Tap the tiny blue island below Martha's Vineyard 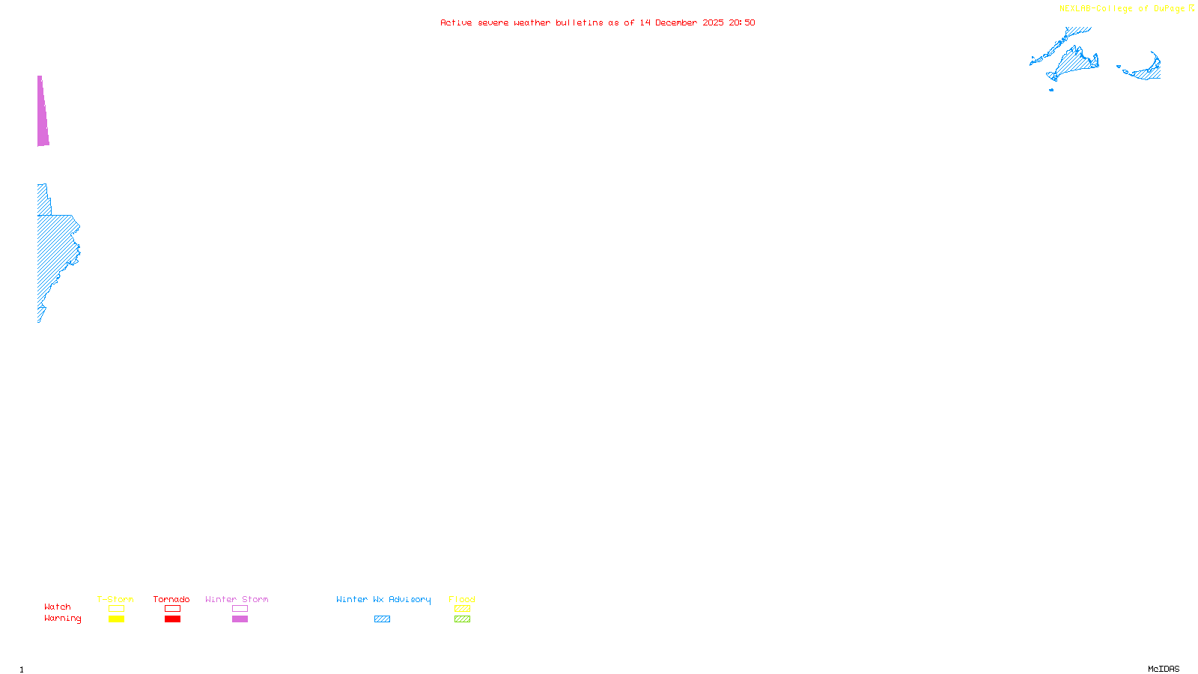pyautogui.click(x=1051, y=90)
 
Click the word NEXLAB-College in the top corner pyautogui.click(x=1095, y=9)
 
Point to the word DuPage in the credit pyautogui.click(x=1169, y=9)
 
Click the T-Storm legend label pyautogui.click(x=115, y=599)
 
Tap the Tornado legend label pyautogui.click(x=171, y=599)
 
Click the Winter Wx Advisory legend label pyautogui.click(x=383, y=599)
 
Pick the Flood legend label pyautogui.click(x=462, y=599)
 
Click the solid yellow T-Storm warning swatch pyautogui.click(x=116, y=619)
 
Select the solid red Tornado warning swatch pyautogui.click(x=172, y=619)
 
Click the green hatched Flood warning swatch pyautogui.click(x=462, y=619)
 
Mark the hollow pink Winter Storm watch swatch pyautogui.click(x=240, y=609)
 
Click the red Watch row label pyautogui.click(x=58, y=607)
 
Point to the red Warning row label pyautogui.click(x=62, y=619)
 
